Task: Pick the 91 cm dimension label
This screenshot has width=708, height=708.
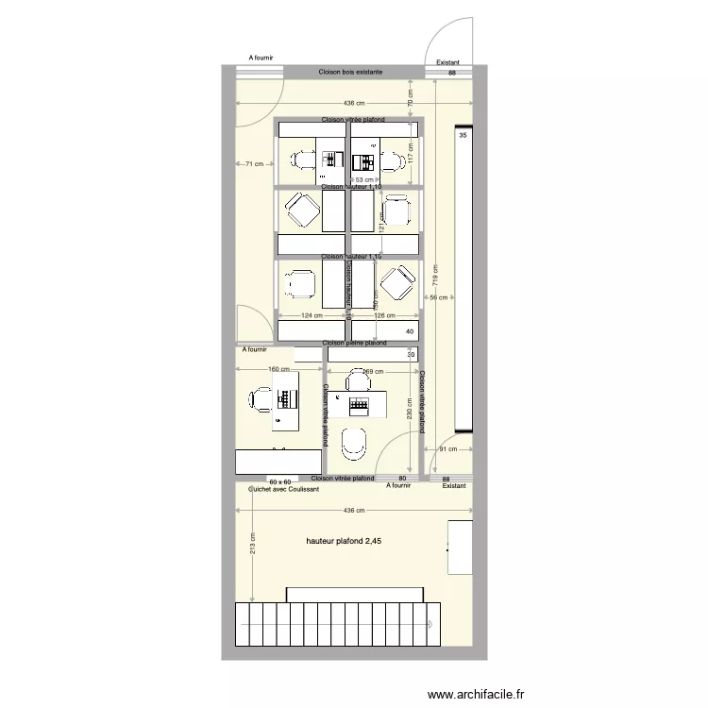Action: pyautogui.click(x=447, y=449)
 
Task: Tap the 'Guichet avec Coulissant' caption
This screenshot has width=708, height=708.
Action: pyautogui.click(x=283, y=489)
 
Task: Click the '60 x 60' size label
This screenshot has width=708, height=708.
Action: pyautogui.click(x=278, y=480)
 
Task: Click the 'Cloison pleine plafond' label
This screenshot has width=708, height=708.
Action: pyautogui.click(x=354, y=344)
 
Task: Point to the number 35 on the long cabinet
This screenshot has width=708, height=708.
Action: pyautogui.click(x=463, y=136)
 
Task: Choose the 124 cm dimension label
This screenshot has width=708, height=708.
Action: pyautogui.click(x=312, y=316)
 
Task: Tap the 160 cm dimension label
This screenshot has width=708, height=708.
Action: pyautogui.click(x=278, y=370)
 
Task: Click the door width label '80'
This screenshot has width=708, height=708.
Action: pyautogui.click(x=402, y=480)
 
